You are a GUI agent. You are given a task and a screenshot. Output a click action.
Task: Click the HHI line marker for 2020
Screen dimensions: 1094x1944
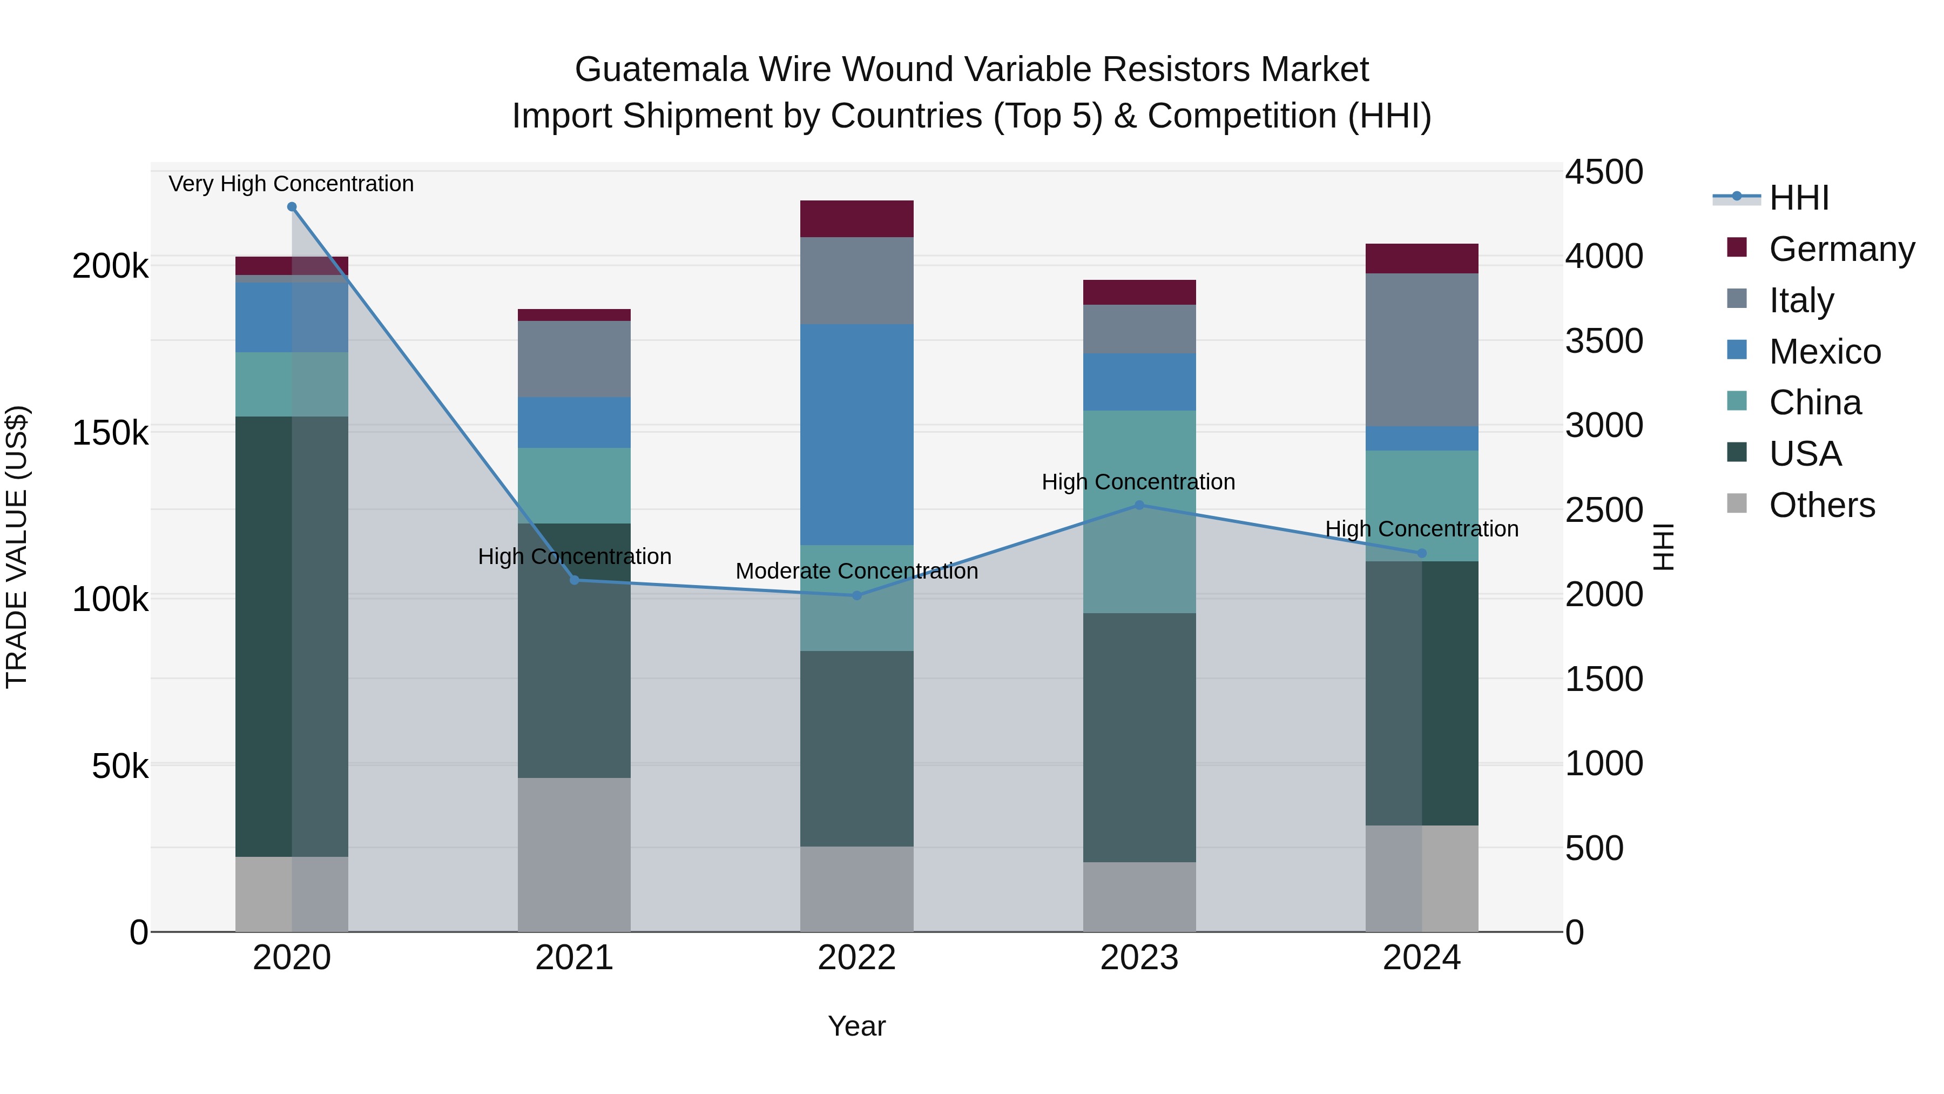292,207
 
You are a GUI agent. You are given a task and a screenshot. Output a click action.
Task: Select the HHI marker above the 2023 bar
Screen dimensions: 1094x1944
1139,505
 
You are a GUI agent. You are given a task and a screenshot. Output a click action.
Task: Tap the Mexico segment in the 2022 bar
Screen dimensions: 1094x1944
856,434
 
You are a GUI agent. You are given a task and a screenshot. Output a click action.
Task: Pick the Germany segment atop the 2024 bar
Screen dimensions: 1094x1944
1422,258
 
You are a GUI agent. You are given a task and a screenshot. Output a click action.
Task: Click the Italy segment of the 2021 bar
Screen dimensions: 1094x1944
575,359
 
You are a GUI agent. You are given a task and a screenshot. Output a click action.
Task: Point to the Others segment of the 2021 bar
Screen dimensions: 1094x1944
575,854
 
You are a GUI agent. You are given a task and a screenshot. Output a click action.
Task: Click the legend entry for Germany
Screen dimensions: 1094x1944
1841,249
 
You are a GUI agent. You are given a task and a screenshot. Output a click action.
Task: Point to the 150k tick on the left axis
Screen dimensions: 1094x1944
110,433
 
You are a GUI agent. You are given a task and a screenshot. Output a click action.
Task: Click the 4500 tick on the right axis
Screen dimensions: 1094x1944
1604,172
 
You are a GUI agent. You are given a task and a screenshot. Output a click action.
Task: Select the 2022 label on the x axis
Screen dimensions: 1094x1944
856,958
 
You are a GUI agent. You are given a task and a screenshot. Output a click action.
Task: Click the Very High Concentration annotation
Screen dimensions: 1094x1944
291,184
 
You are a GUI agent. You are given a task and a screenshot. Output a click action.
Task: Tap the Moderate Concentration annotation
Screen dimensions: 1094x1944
856,571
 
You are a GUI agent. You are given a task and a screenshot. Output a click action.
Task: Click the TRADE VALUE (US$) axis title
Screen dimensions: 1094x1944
17,547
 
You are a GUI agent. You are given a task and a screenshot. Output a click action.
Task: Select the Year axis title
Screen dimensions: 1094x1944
856,1026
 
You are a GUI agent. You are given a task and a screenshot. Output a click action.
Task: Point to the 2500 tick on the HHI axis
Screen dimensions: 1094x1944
1604,511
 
